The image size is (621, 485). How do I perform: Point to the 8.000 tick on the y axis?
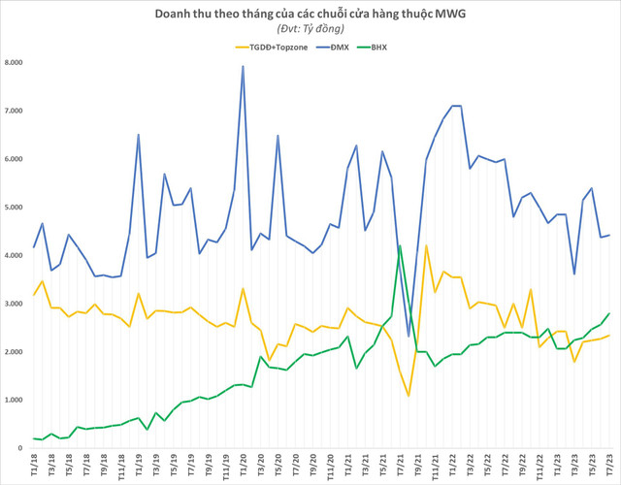coord(15,63)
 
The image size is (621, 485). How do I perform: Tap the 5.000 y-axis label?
coord(15,208)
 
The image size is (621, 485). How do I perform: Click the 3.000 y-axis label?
coord(15,304)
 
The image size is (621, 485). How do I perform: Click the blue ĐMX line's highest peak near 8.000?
coord(243,66)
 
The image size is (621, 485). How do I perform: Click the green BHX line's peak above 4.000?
coord(400,245)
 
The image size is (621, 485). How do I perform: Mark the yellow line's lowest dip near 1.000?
coord(409,396)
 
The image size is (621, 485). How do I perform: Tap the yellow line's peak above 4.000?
coord(426,245)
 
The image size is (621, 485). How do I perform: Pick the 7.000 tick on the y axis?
coord(15,112)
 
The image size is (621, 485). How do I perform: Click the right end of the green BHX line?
coord(608,313)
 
